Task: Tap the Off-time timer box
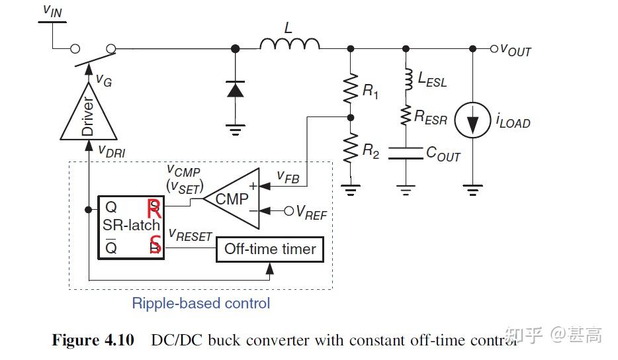click(270, 249)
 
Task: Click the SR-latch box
click(130, 226)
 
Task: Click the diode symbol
click(235, 89)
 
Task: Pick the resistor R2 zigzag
click(350, 149)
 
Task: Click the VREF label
click(311, 212)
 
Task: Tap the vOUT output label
click(515, 50)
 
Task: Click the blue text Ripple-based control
click(201, 304)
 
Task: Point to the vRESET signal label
click(190, 235)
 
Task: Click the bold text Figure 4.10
click(93, 340)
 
